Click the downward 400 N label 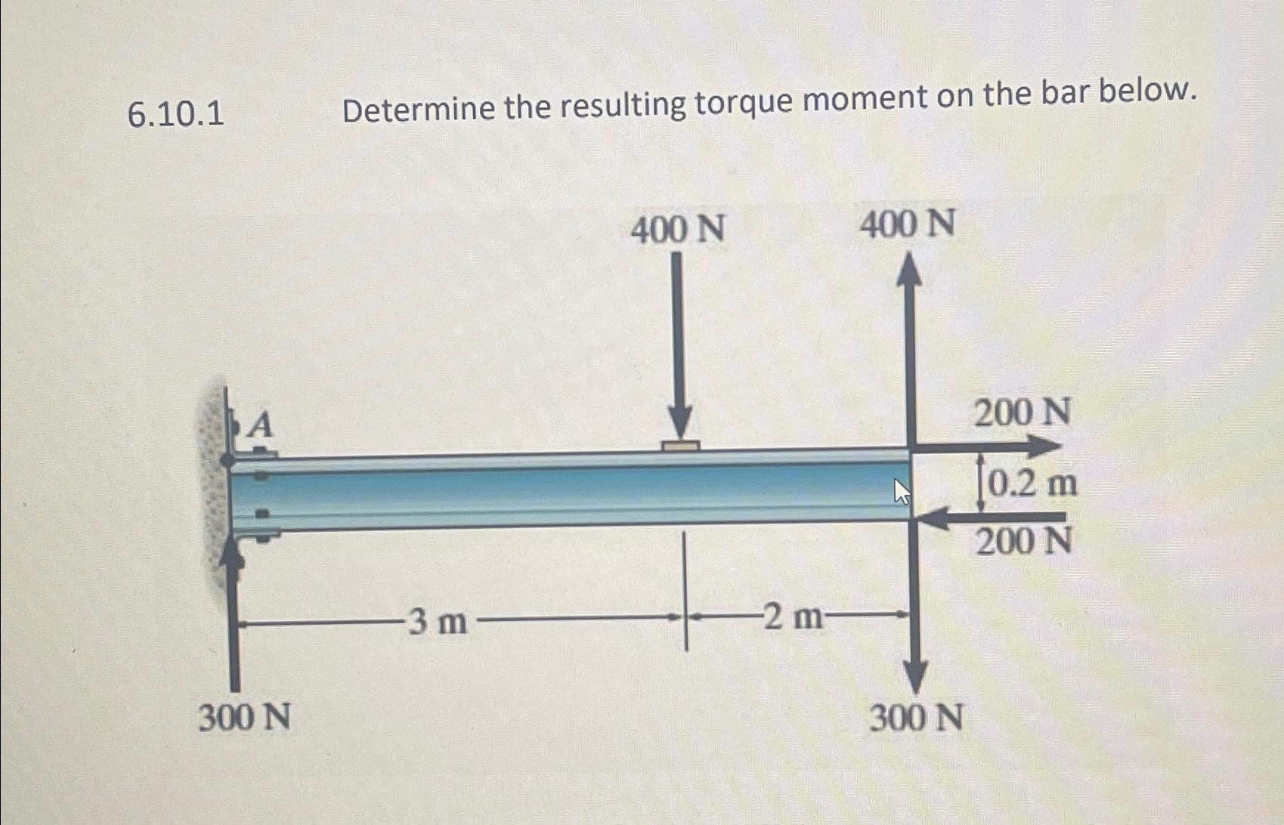coord(678,230)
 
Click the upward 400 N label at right coord(908,224)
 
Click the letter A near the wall coord(260,425)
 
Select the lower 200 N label coord(1023,542)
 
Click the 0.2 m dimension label coord(1032,484)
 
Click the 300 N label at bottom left coord(244,717)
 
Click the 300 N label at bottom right coord(916,717)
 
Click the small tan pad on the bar coord(680,446)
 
